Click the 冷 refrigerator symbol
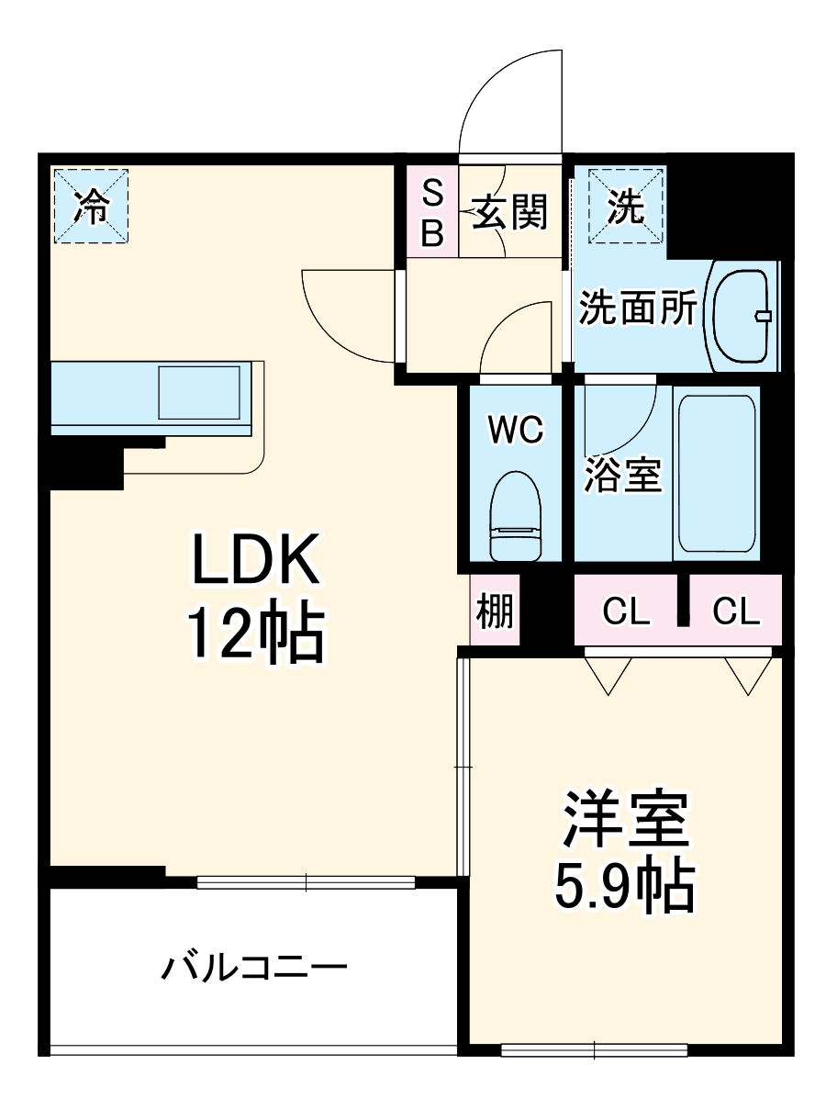point(90,207)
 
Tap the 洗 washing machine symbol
point(626,207)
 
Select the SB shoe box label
point(432,213)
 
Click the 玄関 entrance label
point(510,213)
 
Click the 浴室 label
point(623,475)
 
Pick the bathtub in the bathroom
point(716,472)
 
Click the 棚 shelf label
point(495,611)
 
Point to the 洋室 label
point(625,819)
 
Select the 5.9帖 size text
point(624,885)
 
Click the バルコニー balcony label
point(254,969)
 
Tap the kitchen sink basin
point(200,393)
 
